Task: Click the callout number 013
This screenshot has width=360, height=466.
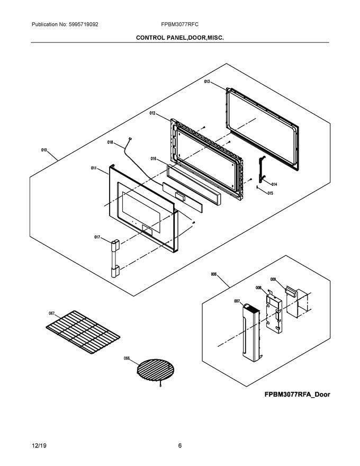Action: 207,82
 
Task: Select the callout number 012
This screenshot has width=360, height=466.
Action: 152,113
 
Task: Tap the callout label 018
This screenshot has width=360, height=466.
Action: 111,142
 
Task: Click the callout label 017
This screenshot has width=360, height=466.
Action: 97,237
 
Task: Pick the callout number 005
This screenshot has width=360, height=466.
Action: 213,274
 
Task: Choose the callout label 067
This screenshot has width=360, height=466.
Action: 52,313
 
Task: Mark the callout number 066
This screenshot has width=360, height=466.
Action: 127,359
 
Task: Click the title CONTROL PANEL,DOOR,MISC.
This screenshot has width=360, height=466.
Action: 179,38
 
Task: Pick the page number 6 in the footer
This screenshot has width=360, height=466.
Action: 180,446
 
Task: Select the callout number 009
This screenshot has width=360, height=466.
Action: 273,279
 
